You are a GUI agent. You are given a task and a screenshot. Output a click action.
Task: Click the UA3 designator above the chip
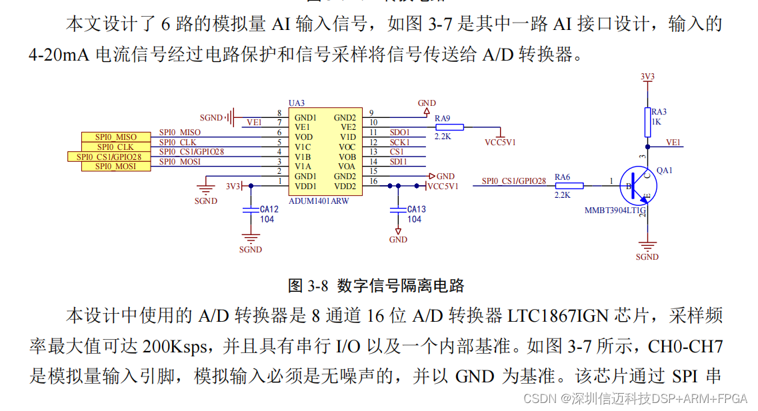click(x=297, y=103)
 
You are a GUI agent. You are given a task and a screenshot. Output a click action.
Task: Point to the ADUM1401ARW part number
click(x=319, y=201)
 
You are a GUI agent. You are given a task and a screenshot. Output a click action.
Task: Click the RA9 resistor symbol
click(x=451, y=127)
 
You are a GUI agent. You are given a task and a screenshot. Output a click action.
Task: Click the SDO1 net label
click(x=399, y=133)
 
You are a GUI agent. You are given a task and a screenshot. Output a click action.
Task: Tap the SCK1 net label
click(x=399, y=143)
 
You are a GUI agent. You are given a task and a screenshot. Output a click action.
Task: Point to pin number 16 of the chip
click(x=373, y=181)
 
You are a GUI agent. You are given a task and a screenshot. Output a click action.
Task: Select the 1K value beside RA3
click(x=656, y=122)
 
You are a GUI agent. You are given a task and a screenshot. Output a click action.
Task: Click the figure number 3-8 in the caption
click(x=318, y=286)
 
